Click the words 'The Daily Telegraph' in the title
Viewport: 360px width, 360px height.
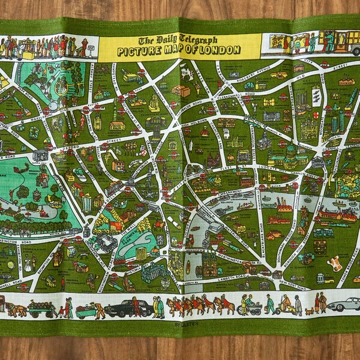click(x=179, y=40)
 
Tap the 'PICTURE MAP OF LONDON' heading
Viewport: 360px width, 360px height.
click(x=179, y=49)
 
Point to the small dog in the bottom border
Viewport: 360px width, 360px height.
click(x=309, y=311)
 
